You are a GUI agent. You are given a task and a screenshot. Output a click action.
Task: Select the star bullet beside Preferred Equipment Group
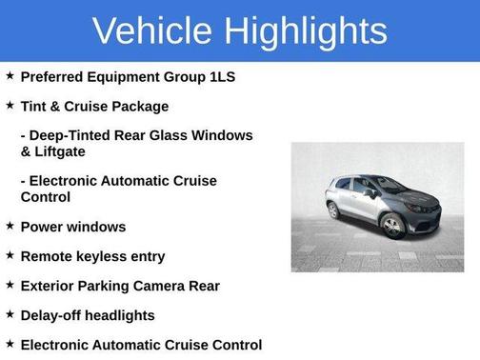coord(10,75)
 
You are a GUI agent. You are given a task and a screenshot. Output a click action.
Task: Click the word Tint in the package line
coord(35,106)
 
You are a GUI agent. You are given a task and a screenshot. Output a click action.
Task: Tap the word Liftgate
coord(65,150)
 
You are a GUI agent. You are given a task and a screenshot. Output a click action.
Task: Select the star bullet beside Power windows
coord(10,226)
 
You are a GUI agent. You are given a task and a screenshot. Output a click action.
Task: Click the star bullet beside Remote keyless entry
coord(10,255)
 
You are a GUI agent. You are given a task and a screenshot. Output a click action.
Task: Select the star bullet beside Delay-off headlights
coord(10,314)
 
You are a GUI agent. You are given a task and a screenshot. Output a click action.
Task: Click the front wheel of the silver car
coord(392,226)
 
